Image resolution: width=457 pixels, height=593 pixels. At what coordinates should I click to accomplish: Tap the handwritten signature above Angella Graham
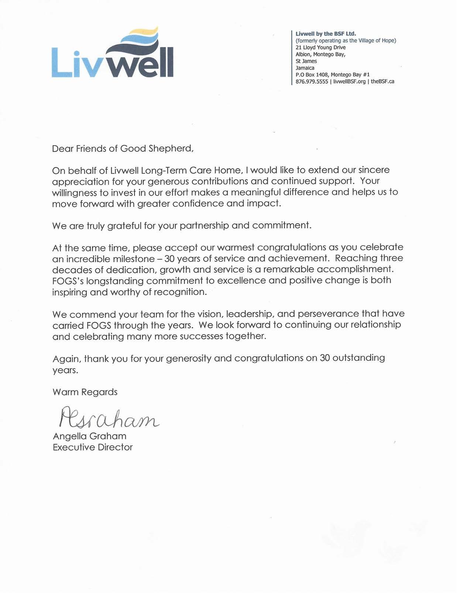109,417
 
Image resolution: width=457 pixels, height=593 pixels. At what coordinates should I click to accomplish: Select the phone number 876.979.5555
312,82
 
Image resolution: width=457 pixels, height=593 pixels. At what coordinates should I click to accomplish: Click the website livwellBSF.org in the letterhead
349,82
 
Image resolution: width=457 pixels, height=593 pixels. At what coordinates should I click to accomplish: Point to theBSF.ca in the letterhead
382,82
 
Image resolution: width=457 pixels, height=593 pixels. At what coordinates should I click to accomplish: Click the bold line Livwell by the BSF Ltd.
326,34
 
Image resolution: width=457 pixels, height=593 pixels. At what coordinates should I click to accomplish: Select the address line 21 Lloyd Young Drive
320,48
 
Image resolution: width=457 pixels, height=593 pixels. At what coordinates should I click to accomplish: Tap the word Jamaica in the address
305,68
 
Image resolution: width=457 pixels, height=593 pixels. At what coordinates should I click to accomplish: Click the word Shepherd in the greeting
171,149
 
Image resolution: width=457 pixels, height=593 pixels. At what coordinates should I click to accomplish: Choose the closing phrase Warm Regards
85,392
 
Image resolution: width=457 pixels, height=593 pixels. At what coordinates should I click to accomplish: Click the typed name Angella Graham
89,436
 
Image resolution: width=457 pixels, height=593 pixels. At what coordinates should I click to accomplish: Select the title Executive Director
93,447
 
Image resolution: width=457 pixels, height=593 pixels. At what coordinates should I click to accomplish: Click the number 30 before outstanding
325,358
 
